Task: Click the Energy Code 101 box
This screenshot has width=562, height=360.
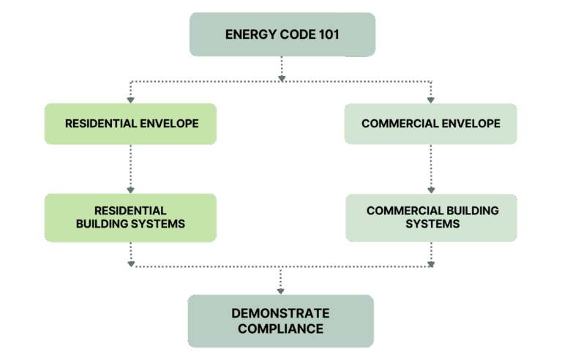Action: pos(282,34)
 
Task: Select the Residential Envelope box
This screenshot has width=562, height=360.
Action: pos(132,124)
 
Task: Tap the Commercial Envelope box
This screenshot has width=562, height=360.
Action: pos(431,124)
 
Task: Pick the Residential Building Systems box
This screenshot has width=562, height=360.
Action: pos(131,217)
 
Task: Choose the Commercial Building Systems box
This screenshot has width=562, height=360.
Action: pos(432,217)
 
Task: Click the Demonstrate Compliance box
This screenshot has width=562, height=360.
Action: pos(280,321)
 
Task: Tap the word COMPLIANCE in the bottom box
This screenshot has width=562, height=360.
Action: pos(280,329)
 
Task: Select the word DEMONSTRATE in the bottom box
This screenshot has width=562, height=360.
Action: pos(280,313)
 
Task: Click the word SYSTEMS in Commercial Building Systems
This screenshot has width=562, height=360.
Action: pos(432,224)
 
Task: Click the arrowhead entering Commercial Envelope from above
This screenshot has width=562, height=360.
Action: pos(430,98)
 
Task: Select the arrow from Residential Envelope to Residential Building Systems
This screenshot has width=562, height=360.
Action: pos(131,168)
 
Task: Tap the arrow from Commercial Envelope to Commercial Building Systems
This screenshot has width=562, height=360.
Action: pos(430,168)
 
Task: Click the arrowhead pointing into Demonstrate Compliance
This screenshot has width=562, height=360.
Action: pos(280,290)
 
